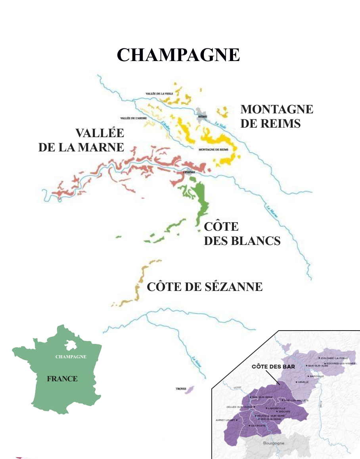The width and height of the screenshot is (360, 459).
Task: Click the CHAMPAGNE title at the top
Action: (178, 55)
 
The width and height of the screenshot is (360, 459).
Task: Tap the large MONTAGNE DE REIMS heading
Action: (276, 116)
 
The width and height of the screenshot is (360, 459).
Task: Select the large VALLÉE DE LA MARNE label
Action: (81, 140)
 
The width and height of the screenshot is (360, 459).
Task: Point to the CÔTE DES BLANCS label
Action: (242, 234)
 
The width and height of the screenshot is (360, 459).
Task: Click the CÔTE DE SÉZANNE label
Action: (205, 287)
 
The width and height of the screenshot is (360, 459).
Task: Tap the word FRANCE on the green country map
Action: (62, 379)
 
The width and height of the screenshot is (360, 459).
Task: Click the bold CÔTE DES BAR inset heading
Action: (273, 367)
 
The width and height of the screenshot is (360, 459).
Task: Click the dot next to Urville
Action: (297, 382)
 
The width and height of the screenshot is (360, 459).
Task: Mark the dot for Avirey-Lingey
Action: (237, 420)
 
